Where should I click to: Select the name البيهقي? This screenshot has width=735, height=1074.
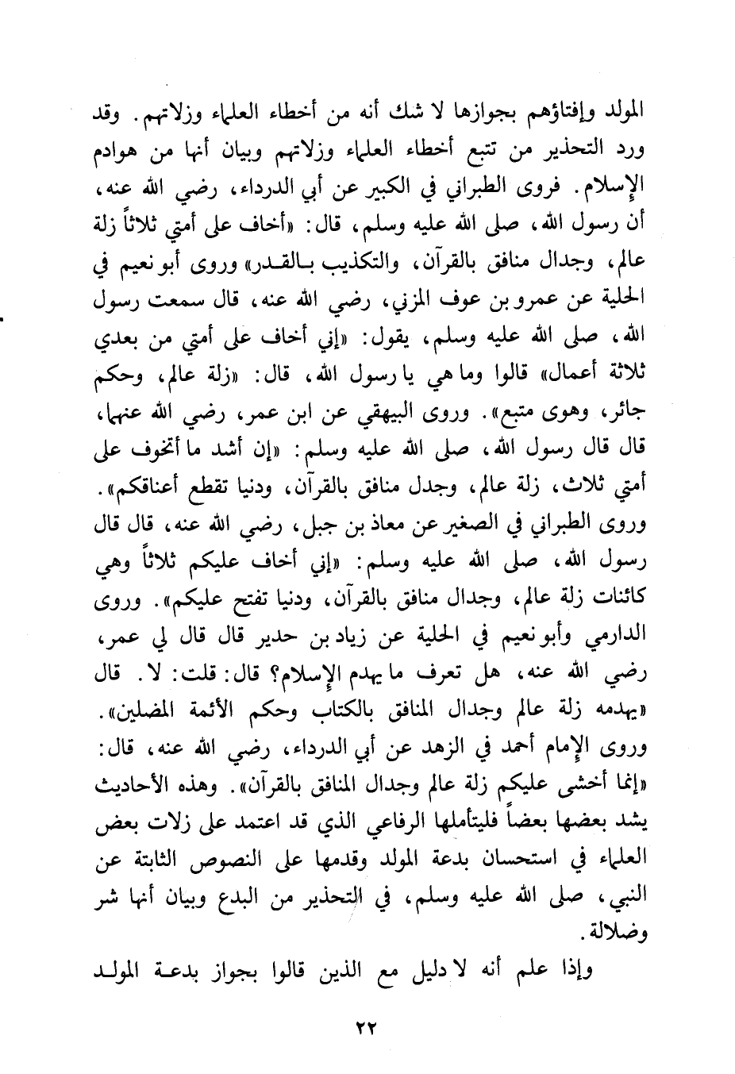pyautogui.click(x=429, y=416)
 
